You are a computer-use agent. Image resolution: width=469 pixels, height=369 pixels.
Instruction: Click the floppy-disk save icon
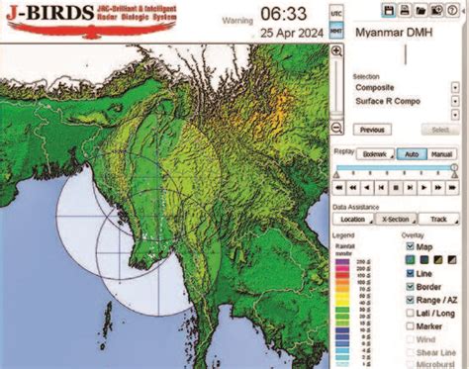click(x=361, y=9)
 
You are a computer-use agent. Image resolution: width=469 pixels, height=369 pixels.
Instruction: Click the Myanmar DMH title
click(x=391, y=36)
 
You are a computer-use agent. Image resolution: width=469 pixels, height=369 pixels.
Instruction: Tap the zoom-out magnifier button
click(x=336, y=128)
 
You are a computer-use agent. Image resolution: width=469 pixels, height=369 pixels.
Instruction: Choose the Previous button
click(x=371, y=130)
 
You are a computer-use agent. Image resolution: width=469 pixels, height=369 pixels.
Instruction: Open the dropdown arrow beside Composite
click(x=455, y=87)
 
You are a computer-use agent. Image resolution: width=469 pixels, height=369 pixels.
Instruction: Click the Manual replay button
click(x=441, y=155)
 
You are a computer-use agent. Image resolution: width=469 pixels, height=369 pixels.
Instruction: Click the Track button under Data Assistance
click(x=438, y=219)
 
